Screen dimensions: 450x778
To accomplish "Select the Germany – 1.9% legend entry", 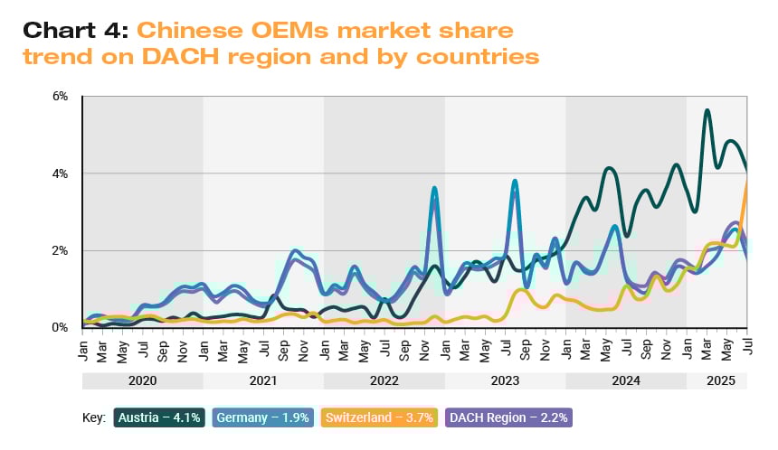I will [x=263, y=417].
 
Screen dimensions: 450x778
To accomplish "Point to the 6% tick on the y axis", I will [x=62, y=96].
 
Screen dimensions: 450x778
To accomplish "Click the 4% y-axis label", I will [x=62, y=173].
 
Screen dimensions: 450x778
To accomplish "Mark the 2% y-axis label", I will [x=62, y=250].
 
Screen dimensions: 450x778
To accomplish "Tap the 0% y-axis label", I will [x=62, y=327].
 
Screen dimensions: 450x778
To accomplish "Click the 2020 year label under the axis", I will [x=142, y=381].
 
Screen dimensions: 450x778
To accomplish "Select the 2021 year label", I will [x=263, y=381].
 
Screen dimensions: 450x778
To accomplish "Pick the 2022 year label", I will [x=384, y=381].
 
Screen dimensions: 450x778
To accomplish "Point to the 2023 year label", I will [x=505, y=381].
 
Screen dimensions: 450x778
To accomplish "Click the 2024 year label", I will [x=625, y=381].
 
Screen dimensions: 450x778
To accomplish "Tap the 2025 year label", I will [x=716, y=381].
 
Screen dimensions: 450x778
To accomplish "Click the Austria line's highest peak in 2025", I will [x=707, y=110].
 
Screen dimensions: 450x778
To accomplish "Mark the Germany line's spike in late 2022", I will [x=435, y=188].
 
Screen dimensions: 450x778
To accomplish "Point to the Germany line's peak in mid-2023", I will [x=515, y=181].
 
